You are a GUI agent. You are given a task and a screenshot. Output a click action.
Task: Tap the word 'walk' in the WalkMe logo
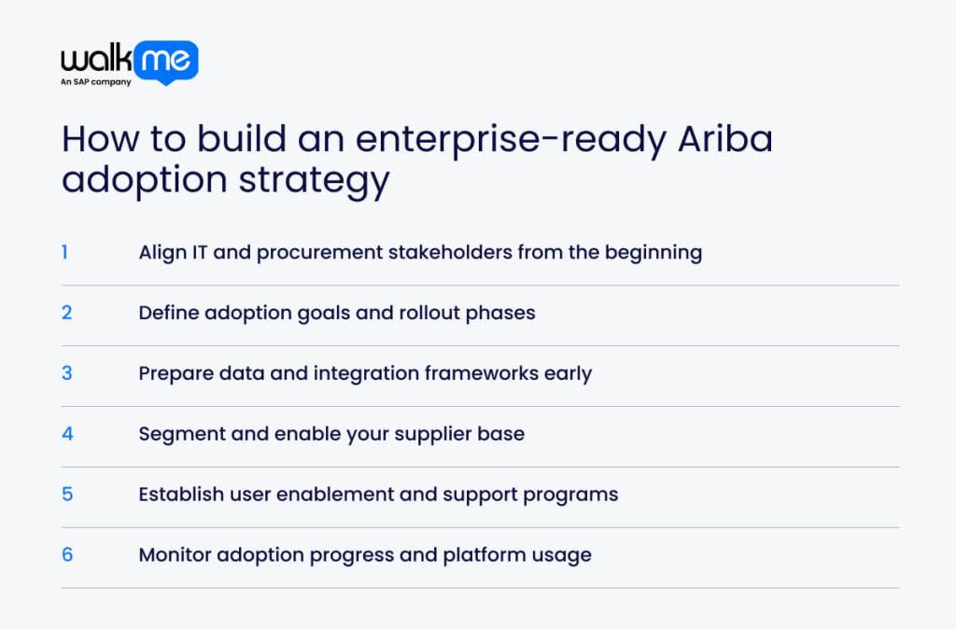[96, 61]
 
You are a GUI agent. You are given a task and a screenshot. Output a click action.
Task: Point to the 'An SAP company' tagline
[96, 82]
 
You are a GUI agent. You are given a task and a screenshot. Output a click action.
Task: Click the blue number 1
[65, 252]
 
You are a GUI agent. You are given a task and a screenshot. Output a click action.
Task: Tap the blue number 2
[66, 313]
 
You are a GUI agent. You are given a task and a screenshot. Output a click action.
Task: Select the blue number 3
[66, 373]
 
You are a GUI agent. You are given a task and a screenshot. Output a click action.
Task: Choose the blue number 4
[67, 434]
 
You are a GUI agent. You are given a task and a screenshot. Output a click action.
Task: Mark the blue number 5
[67, 495]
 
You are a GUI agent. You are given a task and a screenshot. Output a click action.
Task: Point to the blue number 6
[67, 555]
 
